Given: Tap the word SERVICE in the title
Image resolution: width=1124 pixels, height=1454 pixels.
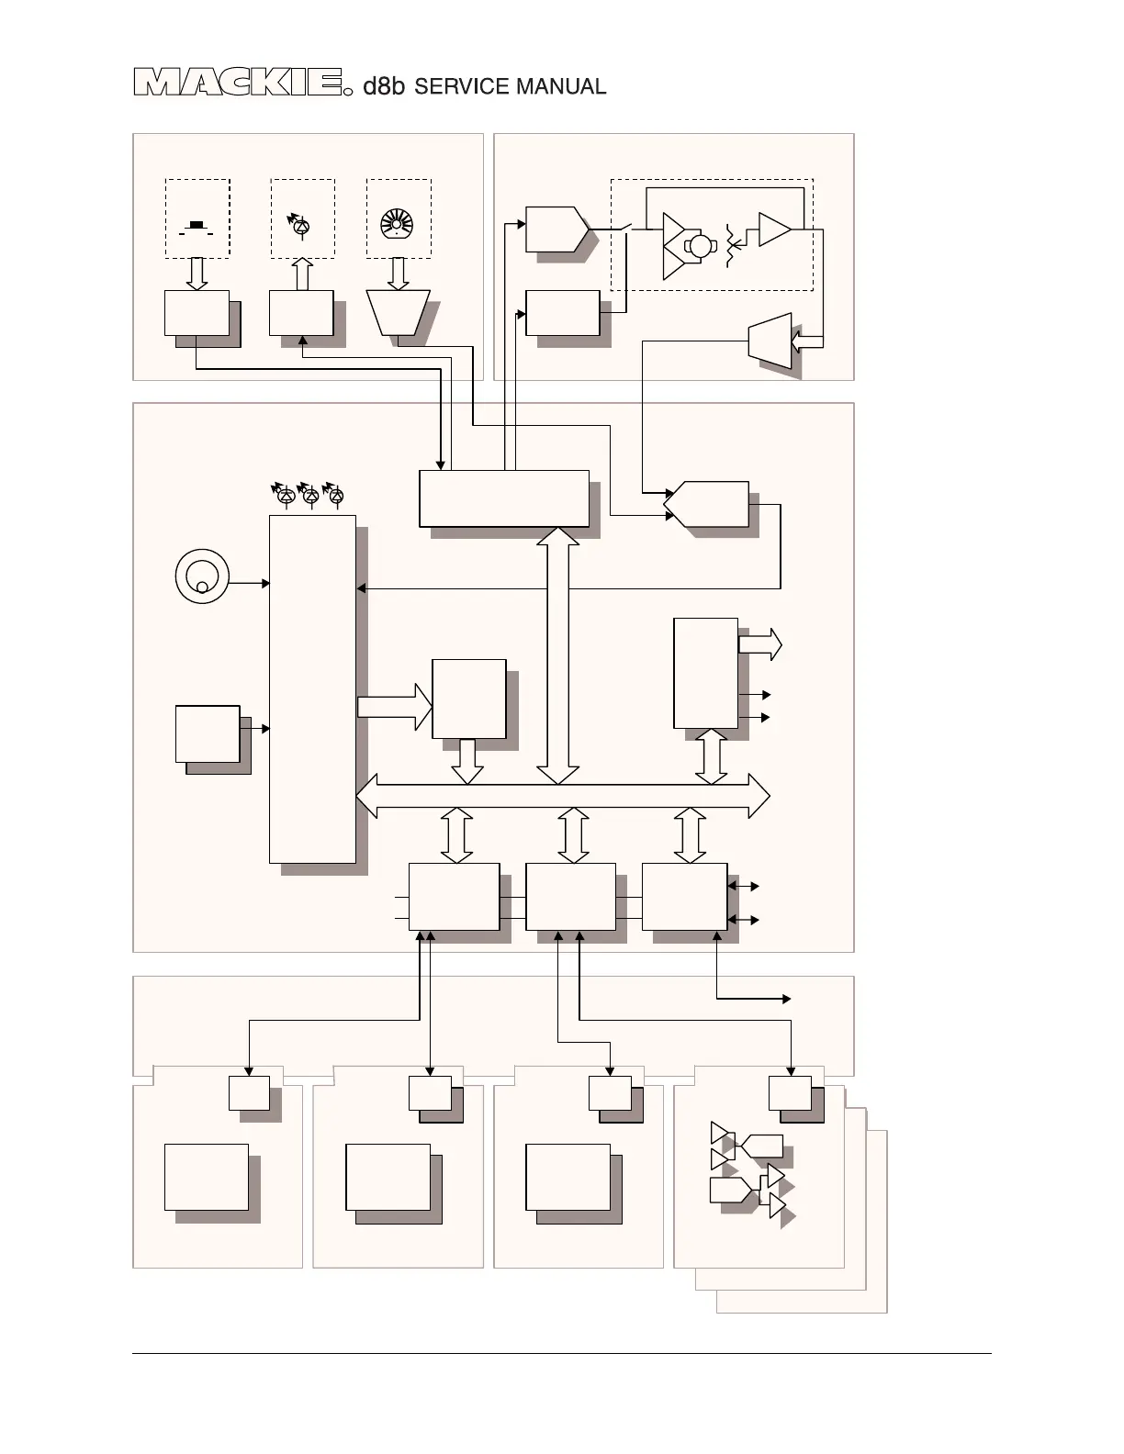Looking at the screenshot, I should [x=462, y=86].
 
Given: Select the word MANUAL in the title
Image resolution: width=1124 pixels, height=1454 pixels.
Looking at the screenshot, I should [x=561, y=86].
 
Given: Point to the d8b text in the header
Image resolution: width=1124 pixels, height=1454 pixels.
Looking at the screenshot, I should [x=384, y=86].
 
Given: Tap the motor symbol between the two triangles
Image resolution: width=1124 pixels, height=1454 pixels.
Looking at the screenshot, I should [x=701, y=245].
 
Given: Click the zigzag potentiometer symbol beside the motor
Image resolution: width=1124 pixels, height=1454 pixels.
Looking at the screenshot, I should [x=733, y=245].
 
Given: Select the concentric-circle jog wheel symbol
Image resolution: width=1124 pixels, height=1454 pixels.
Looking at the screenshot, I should [x=201, y=576].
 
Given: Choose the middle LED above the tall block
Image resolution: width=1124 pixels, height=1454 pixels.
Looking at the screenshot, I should [x=310, y=497].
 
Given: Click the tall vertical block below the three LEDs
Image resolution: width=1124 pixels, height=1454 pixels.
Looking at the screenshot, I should [x=312, y=688].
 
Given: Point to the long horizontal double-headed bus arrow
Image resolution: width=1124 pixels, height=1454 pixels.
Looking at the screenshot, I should [x=562, y=796].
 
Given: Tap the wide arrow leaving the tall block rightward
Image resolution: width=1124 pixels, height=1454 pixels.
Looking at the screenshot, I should [x=394, y=706].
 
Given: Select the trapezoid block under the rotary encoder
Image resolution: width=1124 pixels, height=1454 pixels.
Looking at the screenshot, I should [x=398, y=313].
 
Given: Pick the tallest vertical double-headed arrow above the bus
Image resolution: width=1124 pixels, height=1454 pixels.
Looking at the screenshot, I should [x=557, y=655].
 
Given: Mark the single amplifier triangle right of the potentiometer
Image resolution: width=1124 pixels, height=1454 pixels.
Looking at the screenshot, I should [x=773, y=230].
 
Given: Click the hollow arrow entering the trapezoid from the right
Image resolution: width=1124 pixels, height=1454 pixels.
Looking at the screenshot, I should [x=807, y=341].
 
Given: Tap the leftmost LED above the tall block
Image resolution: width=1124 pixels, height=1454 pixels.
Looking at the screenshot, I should [x=285, y=497].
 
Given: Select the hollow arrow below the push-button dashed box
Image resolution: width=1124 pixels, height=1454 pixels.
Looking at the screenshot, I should [x=197, y=274].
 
